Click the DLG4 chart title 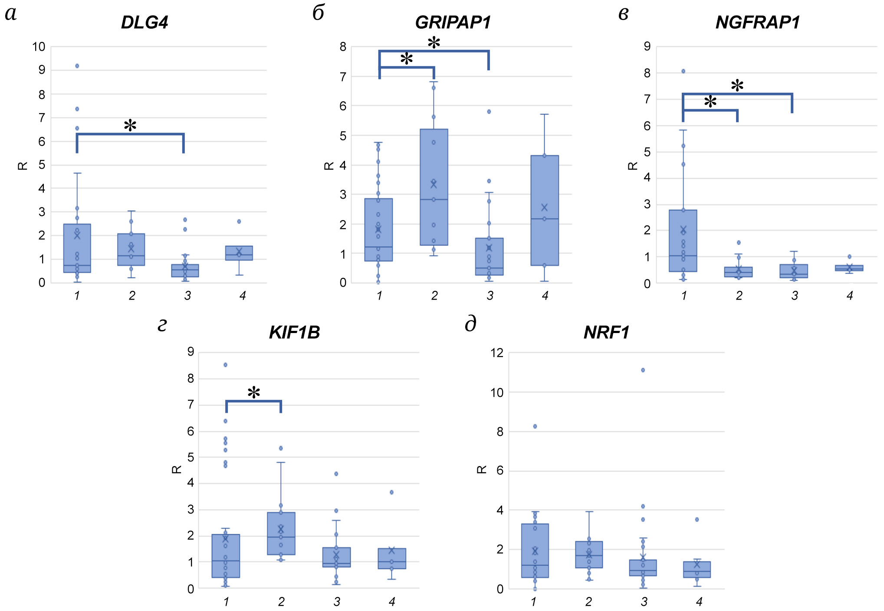(145, 23)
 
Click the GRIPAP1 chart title (453, 23)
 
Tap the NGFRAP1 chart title (758, 23)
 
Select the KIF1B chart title (294, 333)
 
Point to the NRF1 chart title (606, 333)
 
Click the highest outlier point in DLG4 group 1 (77, 66)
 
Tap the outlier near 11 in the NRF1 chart (643, 370)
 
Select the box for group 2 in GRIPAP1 (434, 186)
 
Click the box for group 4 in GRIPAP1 (545, 210)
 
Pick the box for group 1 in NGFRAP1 (683, 241)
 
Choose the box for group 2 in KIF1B (281, 533)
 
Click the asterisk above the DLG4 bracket (130, 126)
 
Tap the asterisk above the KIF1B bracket (254, 393)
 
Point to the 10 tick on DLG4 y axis (39, 47)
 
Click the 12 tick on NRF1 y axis (497, 353)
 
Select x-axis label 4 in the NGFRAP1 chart (850, 296)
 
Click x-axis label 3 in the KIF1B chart (337, 602)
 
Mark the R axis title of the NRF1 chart (482, 470)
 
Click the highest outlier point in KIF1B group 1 (226, 365)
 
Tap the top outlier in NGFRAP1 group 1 (684, 71)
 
